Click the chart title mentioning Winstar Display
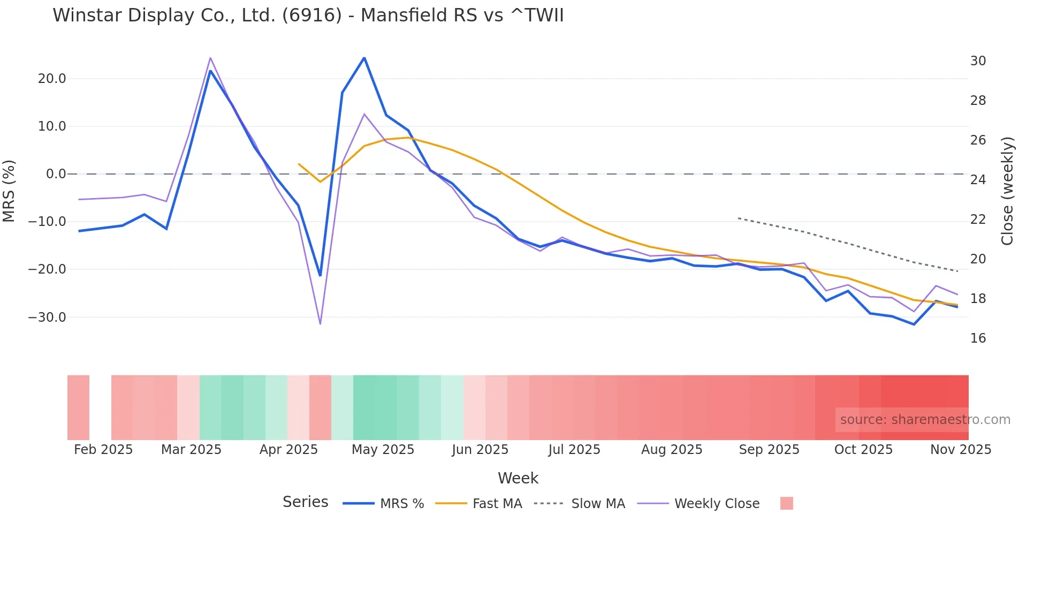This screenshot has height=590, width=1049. tap(308, 16)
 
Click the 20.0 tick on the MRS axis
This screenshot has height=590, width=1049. tap(52, 79)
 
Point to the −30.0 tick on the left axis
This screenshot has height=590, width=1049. tap(47, 317)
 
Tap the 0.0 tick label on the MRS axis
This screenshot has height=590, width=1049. tap(56, 174)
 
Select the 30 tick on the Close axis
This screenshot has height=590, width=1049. tap(978, 61)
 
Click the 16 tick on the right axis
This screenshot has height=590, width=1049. tap(978, 338)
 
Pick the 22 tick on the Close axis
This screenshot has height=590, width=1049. tap(978, 220)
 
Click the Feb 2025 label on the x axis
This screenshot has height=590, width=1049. tap(103, 450)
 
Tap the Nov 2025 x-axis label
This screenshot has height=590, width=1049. tap(961, 450)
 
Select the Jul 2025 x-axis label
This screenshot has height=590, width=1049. tap(574, 450)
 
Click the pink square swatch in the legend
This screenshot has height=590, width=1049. tap(786, 503)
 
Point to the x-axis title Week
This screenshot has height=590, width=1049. tap(518, 478)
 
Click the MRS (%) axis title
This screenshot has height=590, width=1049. tap(9, 191)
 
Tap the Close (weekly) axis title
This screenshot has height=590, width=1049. tap(1007, 191)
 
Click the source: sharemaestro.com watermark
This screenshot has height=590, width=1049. tap(925, 420)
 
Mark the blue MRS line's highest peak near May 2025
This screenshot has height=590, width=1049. tap(364, 58)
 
